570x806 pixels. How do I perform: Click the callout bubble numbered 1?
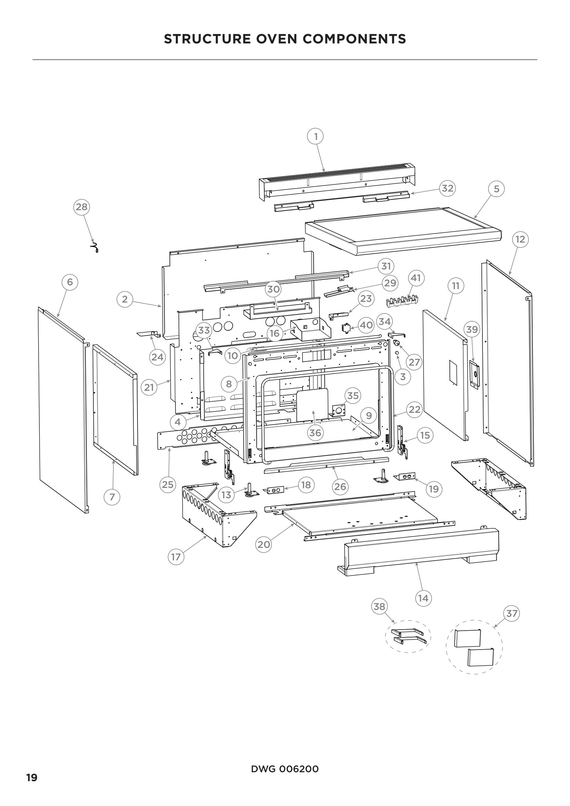click(x=316, y=136)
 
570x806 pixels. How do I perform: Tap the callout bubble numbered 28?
click(x=81, y=207)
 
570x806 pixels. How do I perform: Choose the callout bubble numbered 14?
click(x=423, y=598)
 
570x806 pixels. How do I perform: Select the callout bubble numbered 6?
click(x=70, y=282)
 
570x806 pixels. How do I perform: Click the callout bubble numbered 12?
click(x=520, y=239)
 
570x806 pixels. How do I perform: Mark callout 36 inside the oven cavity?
click(x=315, y=432)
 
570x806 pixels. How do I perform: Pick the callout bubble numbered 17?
click(x=176, y=557)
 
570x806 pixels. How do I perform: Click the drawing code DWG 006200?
click(x=285, y=769)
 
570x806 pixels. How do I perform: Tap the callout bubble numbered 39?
click(x=472, y=329)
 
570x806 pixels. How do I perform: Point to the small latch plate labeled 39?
click(x=474, y=375)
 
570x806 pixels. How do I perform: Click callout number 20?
click(x=264, y=544)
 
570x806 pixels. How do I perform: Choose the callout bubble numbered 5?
click(x=496, y=189)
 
